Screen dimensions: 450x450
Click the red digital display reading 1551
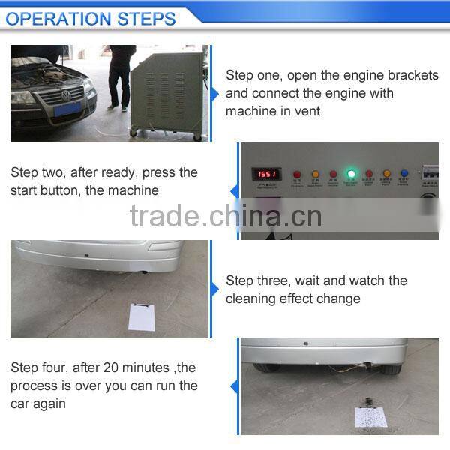266,173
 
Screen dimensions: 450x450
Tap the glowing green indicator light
350,174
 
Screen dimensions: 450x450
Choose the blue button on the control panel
404,174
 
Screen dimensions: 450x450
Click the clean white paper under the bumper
141,317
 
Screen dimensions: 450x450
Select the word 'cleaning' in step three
252,298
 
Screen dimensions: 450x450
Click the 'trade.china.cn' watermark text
225,216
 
